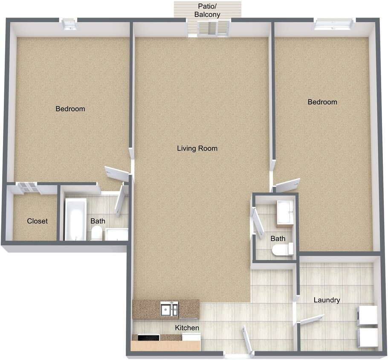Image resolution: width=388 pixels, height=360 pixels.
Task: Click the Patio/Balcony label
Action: click(x=207, y=10)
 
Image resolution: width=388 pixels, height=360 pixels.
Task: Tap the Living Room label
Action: click(x=197, y=148)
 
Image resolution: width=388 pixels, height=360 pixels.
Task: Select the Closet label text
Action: click(x=37, y=221)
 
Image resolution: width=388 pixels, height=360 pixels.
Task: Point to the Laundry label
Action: click(x=327, y=300)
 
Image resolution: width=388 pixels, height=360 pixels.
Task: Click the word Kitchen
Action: click(x=187, y=328)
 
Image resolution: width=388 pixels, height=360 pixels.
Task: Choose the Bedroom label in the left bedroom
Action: click(x=70, y=109)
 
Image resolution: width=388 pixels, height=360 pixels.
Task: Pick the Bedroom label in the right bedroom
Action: click(x=322, y=102)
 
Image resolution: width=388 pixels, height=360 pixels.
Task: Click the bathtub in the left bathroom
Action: click(x=75, y=218)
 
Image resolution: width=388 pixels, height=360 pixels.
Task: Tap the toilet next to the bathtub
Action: click(x=96, y=234)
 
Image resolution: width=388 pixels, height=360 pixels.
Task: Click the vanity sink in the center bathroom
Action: click(x=285, y=211)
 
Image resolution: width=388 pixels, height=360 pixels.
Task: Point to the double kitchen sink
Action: click(x=169, y=309)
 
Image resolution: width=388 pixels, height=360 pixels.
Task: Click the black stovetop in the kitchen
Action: click(x=148, y=337)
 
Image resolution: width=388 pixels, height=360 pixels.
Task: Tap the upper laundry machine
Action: click(x=368, y=316)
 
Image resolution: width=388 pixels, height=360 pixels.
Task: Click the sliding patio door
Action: click(x=214, y=29)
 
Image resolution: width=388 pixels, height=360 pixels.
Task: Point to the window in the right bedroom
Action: click(x=333, y=25)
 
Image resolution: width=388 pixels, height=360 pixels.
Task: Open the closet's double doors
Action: click(x=26, y=188)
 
